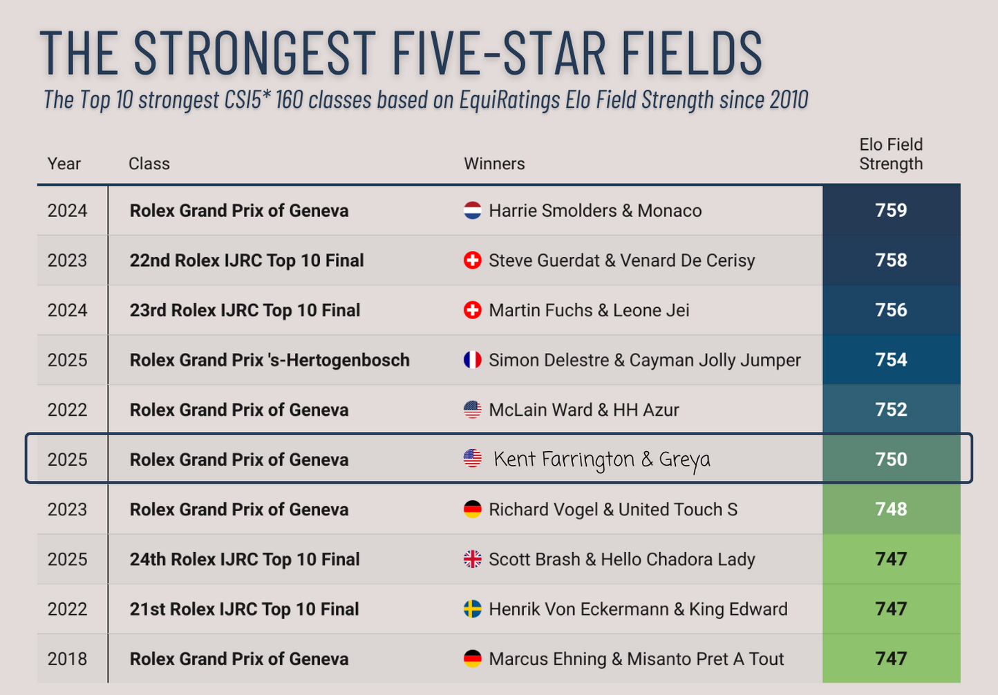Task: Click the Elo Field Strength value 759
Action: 890,210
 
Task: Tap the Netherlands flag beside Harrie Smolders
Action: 472,210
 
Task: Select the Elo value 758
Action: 890,260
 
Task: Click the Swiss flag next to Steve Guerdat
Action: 472,260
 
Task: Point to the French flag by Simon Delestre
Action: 472,360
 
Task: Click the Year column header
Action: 64,164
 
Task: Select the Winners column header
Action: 494,164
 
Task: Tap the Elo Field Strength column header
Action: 890,154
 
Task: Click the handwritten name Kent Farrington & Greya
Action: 601,459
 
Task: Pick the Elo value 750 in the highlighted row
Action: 890,459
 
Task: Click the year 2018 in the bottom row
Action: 67,659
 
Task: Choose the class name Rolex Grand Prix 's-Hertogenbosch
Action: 270,360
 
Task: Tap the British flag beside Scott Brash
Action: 472,559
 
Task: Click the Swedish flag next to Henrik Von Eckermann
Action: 472,609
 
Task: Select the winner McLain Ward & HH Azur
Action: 583,410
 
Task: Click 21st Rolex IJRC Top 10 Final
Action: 244,609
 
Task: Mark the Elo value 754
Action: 890,360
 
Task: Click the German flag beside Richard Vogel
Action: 472,509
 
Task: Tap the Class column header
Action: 149,164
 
